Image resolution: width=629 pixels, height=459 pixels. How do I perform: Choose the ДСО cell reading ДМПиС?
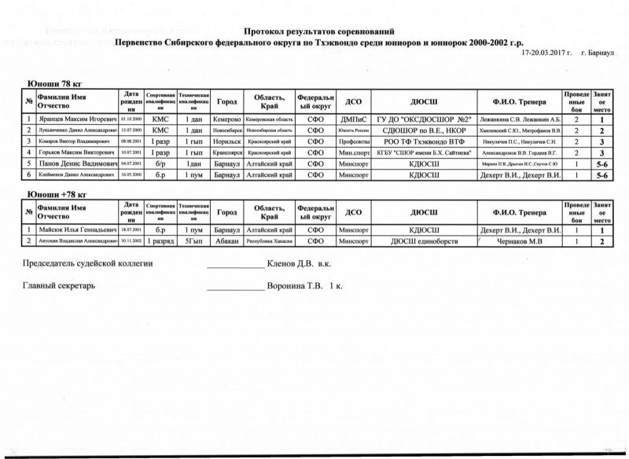click(x=353, y=119)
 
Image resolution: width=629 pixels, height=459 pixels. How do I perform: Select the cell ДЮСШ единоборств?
click(x=424, y=241)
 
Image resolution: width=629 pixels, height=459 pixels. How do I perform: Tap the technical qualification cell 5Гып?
click(x=193, y=241)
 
